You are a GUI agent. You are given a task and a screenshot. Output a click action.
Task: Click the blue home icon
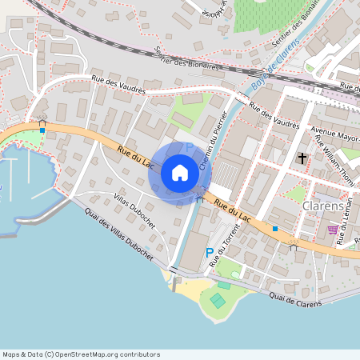tap(180, 173)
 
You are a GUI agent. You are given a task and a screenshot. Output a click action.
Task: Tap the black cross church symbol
tap(302, 158)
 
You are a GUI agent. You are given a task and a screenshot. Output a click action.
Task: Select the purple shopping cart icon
tap(332, 230)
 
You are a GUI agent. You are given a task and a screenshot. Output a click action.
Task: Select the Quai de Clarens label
tap(295, 298)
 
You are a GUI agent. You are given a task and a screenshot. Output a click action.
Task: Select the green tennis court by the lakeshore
tap(217, 300)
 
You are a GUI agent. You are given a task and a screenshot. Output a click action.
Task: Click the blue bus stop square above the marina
tap(42, 129)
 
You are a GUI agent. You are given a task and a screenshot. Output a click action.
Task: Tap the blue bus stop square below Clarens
tap(274, 229)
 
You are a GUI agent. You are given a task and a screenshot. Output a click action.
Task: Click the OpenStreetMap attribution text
tap(81, 354)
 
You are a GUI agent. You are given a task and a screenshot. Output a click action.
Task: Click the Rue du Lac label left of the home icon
tap(134, 156)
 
